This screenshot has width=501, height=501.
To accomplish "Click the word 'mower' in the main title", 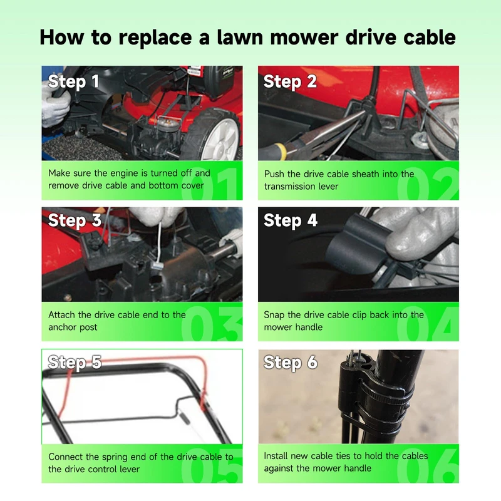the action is [304, 38].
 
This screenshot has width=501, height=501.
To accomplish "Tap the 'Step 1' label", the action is [73, 82].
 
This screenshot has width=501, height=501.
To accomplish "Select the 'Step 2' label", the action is [290, 82].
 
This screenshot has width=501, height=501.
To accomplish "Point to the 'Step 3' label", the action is [75, 221].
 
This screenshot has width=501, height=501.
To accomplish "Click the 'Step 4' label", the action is [291, 221].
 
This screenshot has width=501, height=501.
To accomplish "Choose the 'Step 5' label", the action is [75, 363].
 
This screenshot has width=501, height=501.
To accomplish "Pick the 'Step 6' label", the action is [291, 363].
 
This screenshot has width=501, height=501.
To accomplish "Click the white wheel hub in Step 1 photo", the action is [220, 140].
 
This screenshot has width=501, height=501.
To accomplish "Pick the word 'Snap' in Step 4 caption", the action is [274, 316].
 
